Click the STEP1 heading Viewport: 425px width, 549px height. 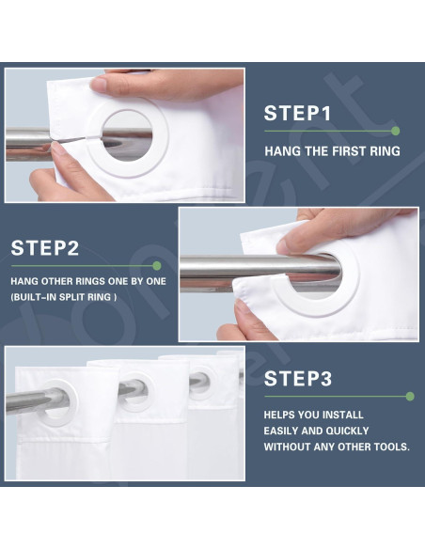point(297,113)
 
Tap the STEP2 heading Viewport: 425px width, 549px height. point(45,248)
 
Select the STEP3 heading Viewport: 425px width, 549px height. point(297,379)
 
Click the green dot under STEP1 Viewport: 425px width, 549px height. point(395,131)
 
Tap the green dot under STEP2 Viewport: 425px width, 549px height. point(157,266)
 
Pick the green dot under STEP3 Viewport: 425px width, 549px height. point(410,397)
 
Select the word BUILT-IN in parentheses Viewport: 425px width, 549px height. point(35,297)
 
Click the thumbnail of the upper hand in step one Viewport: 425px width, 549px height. point(99,85)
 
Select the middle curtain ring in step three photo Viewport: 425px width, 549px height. point(133,391)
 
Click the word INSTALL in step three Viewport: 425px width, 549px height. point(343,415)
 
